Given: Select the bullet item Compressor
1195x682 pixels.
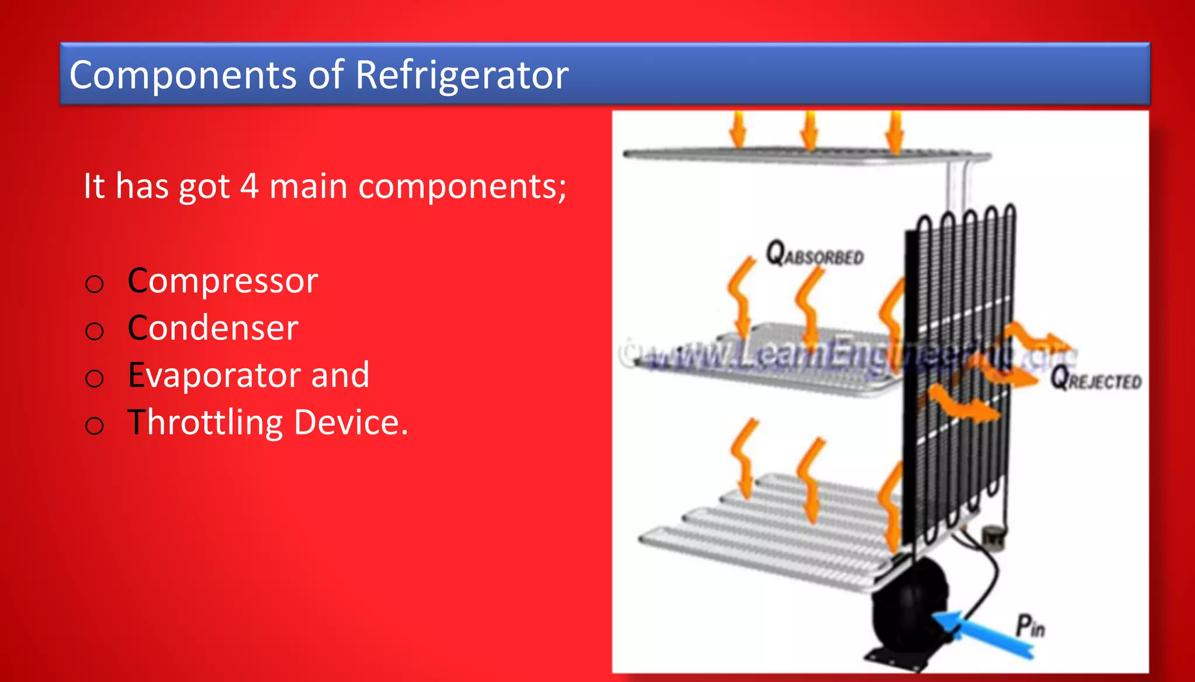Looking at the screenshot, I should coord(223,281).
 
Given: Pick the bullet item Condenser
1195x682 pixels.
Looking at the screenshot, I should coord(213,328).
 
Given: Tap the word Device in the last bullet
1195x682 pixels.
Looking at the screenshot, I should coord(351,422).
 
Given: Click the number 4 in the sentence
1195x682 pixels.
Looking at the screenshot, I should coord(249,186).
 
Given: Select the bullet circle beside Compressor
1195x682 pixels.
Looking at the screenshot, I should coord(95,284).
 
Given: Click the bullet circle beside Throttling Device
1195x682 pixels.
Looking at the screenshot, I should coord(95,426).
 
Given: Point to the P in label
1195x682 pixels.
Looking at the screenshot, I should coord(1030,626).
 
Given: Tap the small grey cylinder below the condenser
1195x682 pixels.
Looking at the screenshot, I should coord(992,534).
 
